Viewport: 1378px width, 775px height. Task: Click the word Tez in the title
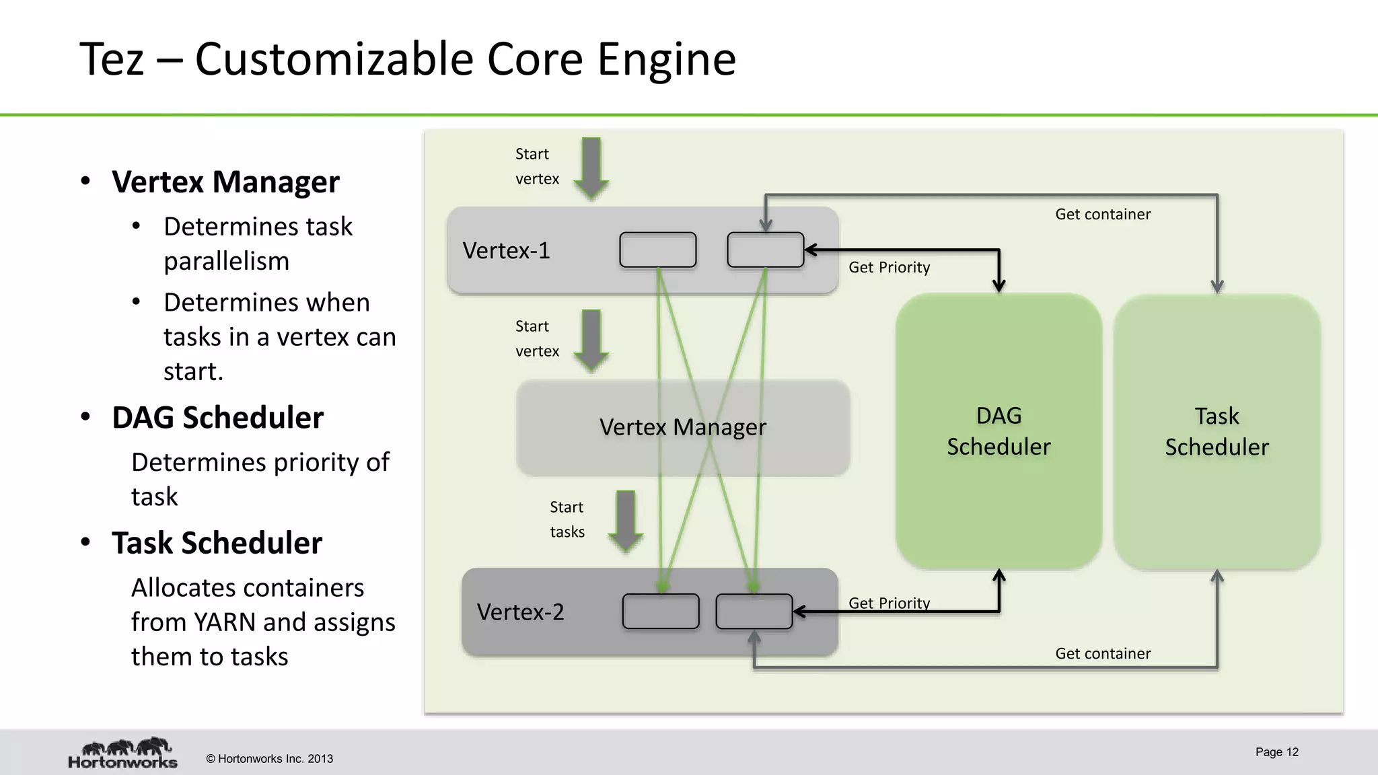(112, 59)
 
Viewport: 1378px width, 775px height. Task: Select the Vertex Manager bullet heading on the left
(225, 182)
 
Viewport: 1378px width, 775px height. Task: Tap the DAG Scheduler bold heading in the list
(217, 418)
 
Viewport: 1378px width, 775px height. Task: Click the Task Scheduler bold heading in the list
(217, 543)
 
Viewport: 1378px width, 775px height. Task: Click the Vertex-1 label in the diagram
(506, 251)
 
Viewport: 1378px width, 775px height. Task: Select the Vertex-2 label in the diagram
(520, 612)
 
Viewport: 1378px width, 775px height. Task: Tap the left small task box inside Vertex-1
(657, 250)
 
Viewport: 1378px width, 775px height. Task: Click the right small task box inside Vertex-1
(765, 250)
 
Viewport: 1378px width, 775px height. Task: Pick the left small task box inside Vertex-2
(660, 612)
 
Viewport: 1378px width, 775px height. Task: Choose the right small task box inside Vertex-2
(754, 612)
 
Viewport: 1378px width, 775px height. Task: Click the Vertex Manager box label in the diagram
(682, 427)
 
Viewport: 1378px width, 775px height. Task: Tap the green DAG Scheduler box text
(999, 431)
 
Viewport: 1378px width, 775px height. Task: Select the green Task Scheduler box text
(1217, 431)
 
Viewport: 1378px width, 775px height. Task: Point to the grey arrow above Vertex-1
(591, 167)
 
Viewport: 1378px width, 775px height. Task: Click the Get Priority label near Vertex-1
(889, 268)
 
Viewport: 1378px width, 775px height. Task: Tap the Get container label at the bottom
(1102, 653)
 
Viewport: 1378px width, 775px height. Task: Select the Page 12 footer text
(1276, 752)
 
